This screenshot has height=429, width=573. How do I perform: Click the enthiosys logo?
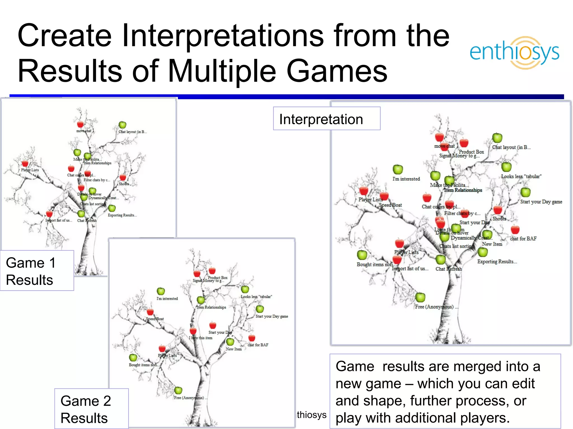click(514, 53)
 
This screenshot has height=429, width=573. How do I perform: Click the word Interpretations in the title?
click(222, 36)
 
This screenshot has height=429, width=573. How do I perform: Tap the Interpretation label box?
click(327, 119)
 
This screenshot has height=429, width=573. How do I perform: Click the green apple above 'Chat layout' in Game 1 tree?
click(122, 125)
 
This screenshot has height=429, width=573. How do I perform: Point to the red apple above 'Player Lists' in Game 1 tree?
click(25, 163)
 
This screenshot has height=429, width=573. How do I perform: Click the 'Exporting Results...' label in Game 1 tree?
click(122, 215)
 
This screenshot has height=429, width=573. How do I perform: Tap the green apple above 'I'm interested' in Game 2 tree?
click(161, 291)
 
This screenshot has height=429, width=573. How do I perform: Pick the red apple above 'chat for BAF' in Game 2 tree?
click(252, 338)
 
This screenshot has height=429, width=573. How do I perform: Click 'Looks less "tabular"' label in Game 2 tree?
click(256, 297)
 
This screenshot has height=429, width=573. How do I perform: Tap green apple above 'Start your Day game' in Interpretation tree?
click(525, 192)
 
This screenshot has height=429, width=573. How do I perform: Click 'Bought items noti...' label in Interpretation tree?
click(375, 264)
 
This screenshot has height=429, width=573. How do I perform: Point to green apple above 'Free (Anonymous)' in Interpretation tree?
click(420, 297)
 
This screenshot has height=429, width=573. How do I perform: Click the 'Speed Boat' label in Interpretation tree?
click(390, 205)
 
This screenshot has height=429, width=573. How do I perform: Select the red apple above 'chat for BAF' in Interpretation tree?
click(515, 230)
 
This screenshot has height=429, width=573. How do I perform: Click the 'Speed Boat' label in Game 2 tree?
click(155, 319)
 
